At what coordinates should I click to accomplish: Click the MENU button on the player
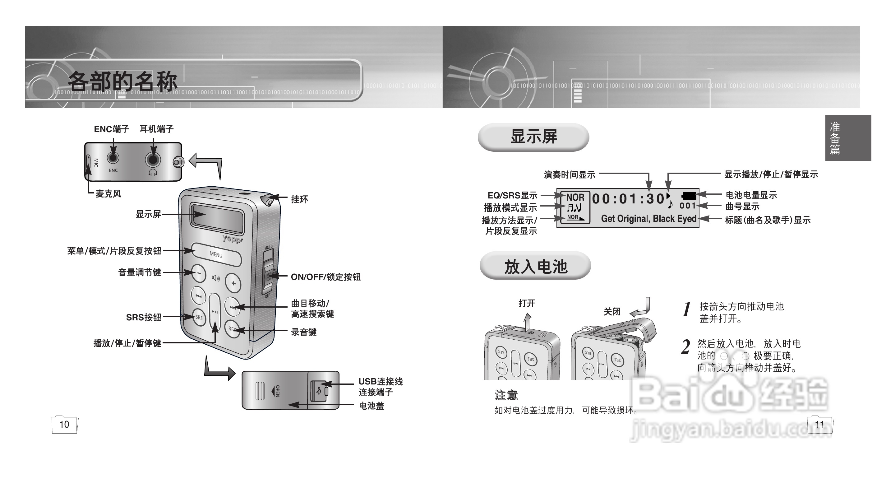pyautogui.click(x=216, y=255)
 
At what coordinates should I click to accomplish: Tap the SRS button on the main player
pyautogui.click(x=198, y=317)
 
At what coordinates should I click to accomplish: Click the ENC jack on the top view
pyautogui.click(x=113, y=158)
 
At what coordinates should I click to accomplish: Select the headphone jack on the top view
pyautogui.click(x=153, y=160)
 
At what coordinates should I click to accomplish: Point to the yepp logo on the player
pyautogui.click(x=232, y=239)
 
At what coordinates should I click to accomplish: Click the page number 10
pyautogui.click(x=64, y=424)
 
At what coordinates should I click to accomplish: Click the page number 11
pyautogui.click(x=819, y=424)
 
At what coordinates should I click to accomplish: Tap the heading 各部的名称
pyautogui.click(x=122, y=81)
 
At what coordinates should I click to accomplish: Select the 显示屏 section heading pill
pyautogui.click(x=533, y=137)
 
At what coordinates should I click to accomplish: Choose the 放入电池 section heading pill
pyautogui.click(x=536, y=266)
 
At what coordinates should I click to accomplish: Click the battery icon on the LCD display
pyautogui.click(x=689, y=196)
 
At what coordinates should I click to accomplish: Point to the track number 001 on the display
pyautogui.click(x=688, y=206)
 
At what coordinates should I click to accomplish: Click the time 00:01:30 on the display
pyautogui.click(x=628, y=199)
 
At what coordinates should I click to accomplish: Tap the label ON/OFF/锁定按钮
pyautogui.click(x=326, y=277)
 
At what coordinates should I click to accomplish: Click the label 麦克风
pyautogui.click(x=108, y=194)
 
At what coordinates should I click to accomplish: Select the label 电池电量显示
pyautogui.click(x=751, y=195)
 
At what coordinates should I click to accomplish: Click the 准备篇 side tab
pyautogui.click(x=848, y=138)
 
